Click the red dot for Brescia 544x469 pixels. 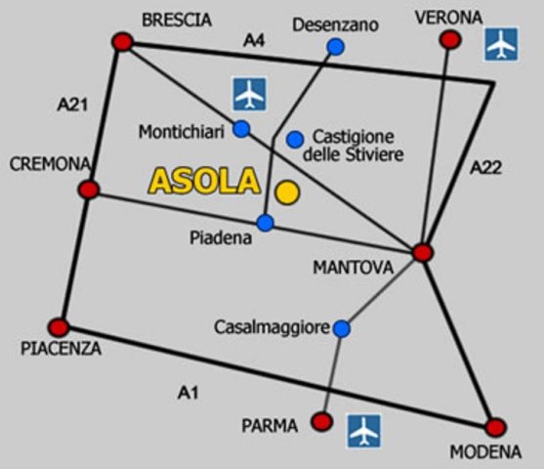[x=123, y=42]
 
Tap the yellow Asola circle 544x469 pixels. [x=287, y=192]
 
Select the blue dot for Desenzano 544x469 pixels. [x=336, y=47]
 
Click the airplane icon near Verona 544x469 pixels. [x=501, y=44]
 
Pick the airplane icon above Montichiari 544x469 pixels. [x=250, y=94]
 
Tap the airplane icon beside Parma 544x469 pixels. [x=364, y=431]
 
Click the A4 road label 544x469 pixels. [x=254, y=41]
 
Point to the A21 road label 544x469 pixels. [x=72, y=105]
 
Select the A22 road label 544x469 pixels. [x=485, y=168]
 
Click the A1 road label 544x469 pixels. [x=188, y=393]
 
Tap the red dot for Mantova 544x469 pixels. [x=423, y=252]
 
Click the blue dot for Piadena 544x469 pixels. [x=266, y=223]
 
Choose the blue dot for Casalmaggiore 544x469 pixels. [x=342, y=328]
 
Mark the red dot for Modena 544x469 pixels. [x=495, y=428]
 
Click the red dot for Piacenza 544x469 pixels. [x=59, y=327]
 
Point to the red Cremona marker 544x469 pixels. [x=89, y=190]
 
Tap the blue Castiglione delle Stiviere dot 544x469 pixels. [x=295, y=139]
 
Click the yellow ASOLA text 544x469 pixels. [x=204, y=181]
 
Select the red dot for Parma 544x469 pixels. [x=321, y=422]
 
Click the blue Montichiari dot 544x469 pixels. [x=241, y=129]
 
